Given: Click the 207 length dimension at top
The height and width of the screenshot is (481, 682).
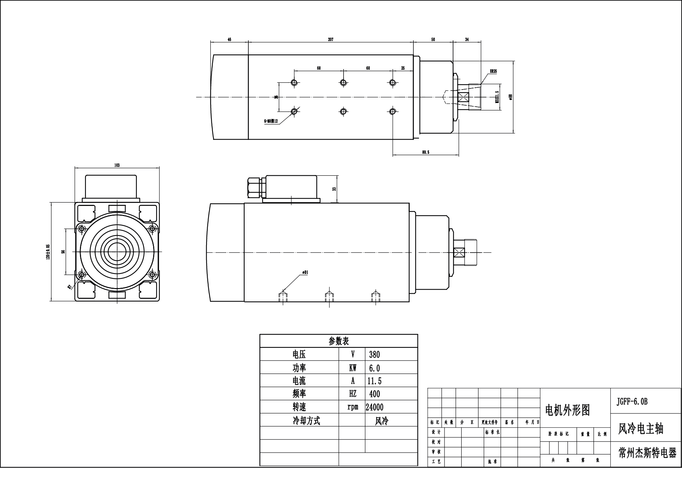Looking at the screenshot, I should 331,39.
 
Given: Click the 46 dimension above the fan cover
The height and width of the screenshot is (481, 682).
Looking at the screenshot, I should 229,39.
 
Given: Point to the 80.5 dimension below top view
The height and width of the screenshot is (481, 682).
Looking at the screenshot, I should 425,152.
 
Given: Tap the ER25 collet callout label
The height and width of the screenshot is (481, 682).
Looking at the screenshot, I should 493,71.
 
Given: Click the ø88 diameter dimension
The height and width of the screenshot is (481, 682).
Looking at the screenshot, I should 510,96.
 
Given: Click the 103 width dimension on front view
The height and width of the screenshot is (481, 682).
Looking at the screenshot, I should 117,165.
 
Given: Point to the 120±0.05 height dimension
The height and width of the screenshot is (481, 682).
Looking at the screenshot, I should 48,252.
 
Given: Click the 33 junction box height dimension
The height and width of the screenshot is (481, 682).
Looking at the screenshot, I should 334,189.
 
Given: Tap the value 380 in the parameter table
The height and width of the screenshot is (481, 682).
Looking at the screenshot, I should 374,354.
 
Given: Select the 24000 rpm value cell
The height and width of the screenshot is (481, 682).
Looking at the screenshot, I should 374,407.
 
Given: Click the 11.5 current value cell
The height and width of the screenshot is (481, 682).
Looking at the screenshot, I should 374,381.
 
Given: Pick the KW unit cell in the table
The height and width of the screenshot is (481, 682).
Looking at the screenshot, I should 353,368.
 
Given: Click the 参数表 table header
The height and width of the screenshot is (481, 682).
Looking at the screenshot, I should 338,341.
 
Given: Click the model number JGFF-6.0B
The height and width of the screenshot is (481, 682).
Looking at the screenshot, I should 632,402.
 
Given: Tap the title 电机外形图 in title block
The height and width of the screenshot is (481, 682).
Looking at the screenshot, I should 568,410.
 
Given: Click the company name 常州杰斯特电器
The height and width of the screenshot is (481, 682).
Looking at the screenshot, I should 647,453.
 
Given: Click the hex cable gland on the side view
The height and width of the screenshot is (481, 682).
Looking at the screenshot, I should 255,188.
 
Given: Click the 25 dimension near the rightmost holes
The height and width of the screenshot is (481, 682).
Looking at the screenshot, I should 403,68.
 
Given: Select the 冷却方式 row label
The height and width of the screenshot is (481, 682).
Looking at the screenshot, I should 306,421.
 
